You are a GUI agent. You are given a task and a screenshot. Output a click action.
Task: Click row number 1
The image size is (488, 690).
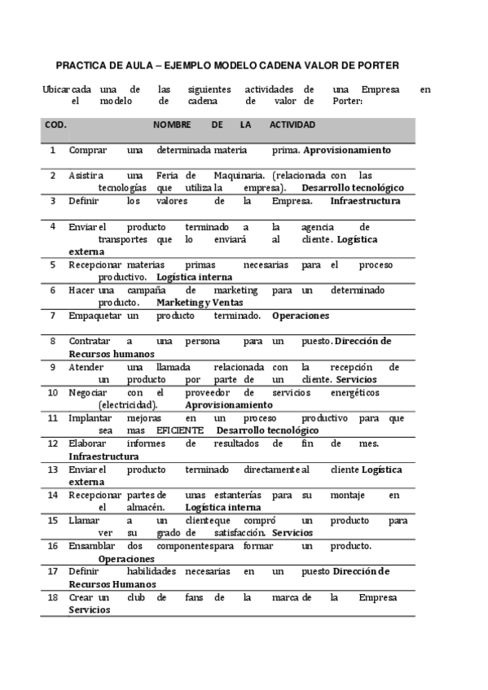coord(53,151)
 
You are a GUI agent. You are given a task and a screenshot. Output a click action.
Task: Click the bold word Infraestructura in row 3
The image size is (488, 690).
coord(365,200)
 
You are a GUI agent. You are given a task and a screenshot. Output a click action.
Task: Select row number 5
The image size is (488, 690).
coord(53,264)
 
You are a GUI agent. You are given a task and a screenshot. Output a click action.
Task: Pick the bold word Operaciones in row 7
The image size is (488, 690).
coord(301,315)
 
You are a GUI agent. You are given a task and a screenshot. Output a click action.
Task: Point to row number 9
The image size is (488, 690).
coord(53,367)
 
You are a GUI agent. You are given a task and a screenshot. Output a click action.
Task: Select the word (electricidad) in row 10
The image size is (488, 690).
coord(128,404)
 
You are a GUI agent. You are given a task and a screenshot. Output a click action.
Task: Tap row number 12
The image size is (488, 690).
coord(53,443)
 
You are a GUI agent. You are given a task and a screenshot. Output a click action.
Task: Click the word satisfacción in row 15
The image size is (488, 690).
coord(241,532)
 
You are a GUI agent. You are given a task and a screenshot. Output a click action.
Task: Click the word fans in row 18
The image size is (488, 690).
coord(191,597)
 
